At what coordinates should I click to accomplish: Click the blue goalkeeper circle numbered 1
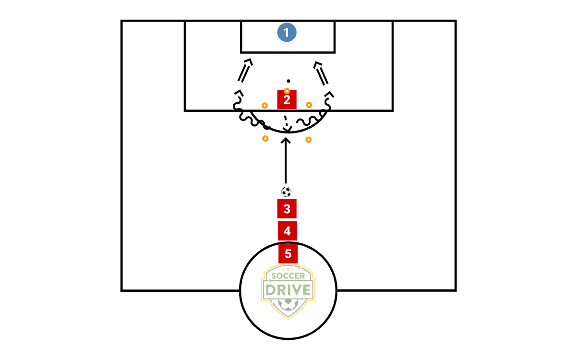tap(287, 33)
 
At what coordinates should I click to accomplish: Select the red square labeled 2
tap(287, 100)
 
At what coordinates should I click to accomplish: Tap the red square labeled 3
tap(287, 209)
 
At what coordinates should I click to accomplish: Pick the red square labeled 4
tap(287, 231)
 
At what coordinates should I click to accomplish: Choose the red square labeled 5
tap(288, 253)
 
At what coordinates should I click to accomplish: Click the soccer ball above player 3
tap(286, 192)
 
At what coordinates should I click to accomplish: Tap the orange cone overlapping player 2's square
tap(287, 91)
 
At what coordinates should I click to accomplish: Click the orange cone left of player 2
tap(264, 105)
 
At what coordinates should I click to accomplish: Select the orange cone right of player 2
tap(309, 105)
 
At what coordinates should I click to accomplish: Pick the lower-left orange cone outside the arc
tap(265, 138)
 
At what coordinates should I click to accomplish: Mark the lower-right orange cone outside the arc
tap(309, 140)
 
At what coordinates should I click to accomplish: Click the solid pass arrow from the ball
tap(286, 161)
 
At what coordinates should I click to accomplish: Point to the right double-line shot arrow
tap(322, 73)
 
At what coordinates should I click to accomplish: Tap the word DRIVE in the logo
tap(288, 289)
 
